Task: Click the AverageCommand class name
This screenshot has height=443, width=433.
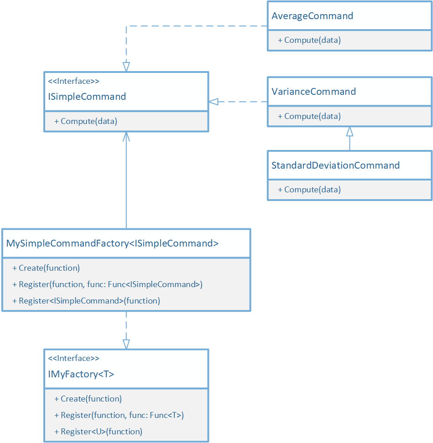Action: [x=312, y=16]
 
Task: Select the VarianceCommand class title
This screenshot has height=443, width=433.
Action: [x=313, y=92]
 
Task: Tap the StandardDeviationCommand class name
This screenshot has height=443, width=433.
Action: [x=335, y=165]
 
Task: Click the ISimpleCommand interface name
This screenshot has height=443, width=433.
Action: [x=87, y=97]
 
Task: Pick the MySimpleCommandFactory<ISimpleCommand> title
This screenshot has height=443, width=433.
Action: [x=112, y=243]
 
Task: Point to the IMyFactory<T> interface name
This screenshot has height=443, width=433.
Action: [x=81, y=374]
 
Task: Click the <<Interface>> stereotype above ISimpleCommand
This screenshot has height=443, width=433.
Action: [x=73, y=82]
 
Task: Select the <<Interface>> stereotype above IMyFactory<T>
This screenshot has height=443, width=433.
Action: [x=73, y=358]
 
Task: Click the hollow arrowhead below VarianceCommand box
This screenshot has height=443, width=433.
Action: [x=350, y=132]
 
